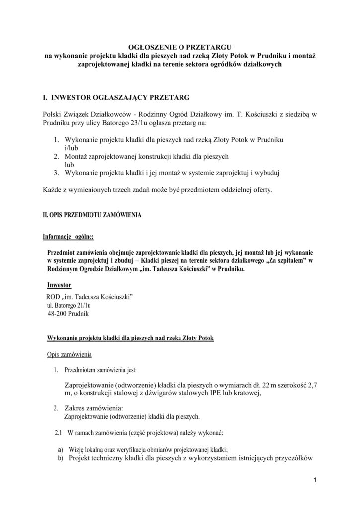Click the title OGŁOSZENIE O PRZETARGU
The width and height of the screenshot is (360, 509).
tap(180, 46)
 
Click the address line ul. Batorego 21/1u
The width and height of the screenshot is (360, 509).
tap(70, 305)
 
